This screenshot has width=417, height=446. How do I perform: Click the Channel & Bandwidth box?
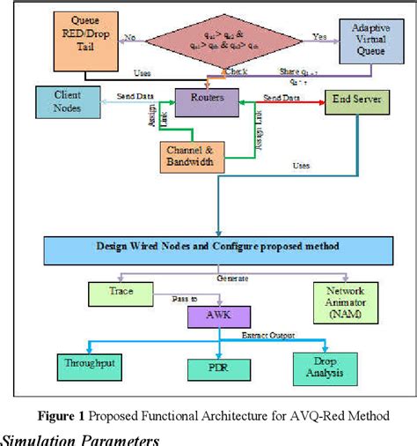(x=192, y=155)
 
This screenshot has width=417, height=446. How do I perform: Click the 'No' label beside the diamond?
(x=130, y=38)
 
